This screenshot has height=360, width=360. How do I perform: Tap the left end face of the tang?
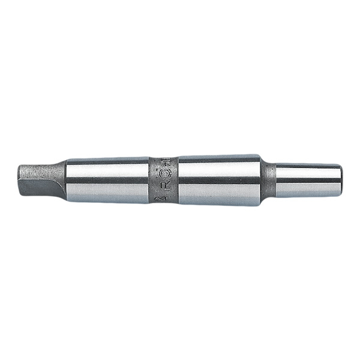click(x=19, y=179)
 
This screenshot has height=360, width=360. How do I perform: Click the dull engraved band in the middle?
click(x=163, y=180)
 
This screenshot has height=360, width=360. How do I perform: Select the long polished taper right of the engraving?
click(x=219, y=180)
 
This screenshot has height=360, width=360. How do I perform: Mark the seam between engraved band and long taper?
click(x=178, y=180)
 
